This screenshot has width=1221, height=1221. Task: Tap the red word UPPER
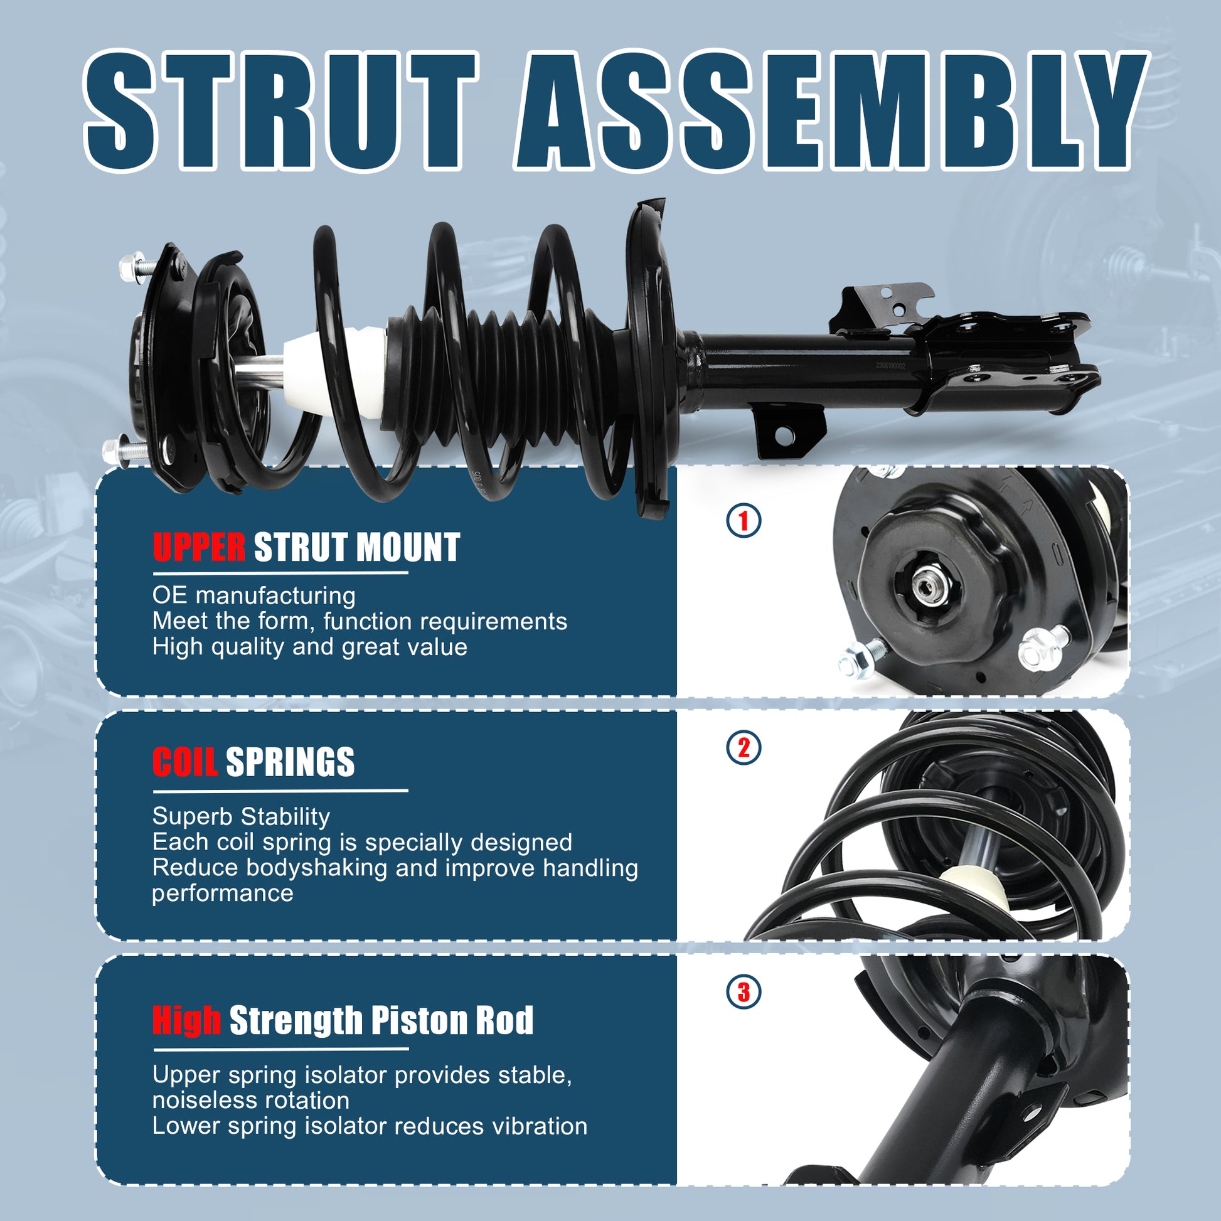point(199,547)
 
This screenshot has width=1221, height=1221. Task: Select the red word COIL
point(184,762)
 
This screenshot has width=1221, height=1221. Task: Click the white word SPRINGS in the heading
point(290,762)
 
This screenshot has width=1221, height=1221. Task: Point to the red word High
point(186,1021)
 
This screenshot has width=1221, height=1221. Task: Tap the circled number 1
point(744,521)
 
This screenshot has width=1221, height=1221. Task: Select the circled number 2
point(744,748)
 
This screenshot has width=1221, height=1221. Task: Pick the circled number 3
point(744,991)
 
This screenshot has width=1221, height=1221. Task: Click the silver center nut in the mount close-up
point(927,579)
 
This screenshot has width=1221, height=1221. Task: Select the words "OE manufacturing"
point(253,595)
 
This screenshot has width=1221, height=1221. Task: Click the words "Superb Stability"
point(241,816)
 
